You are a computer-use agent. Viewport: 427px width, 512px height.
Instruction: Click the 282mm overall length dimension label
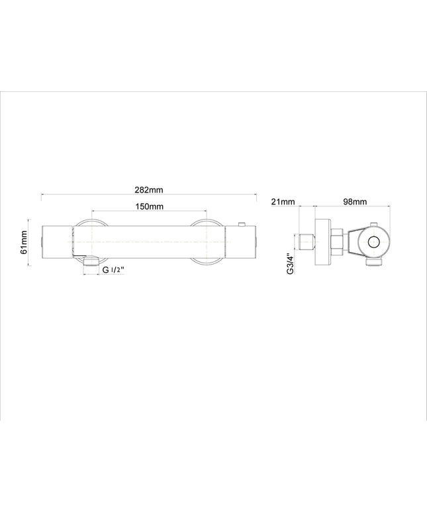pos(149,190)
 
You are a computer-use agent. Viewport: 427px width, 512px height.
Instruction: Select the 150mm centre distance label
pos(150,206)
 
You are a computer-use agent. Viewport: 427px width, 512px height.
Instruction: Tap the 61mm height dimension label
pos(23,242)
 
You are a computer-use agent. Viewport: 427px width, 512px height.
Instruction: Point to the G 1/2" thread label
pos(114,270)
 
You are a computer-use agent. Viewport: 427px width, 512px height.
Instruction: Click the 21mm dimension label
pos(283,202)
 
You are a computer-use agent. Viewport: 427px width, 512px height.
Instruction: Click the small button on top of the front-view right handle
pos(242,224)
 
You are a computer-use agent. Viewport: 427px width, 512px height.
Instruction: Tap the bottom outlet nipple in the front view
pos(91,261)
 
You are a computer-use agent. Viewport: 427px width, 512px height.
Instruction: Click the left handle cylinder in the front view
pos(56,242)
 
